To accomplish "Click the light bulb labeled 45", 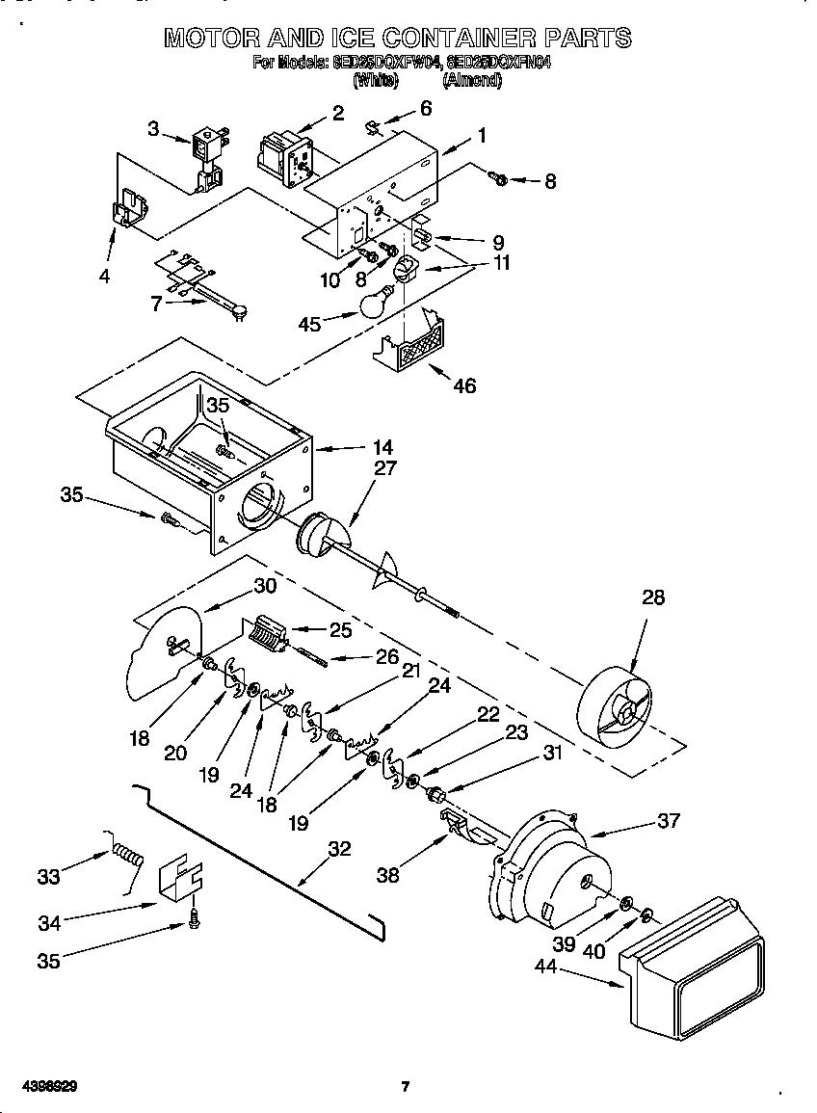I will coord(378,301).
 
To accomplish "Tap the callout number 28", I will coord(653,597).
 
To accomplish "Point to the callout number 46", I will coord(464,386).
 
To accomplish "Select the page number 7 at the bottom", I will coord(406,1087).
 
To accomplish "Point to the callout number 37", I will coord(668,820).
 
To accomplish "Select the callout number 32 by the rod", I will coord(339,849).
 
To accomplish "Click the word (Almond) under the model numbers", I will coord(472,82).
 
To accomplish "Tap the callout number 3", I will coord(154,128).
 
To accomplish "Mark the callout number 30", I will coord(265,585).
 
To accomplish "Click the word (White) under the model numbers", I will coord(376,82).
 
